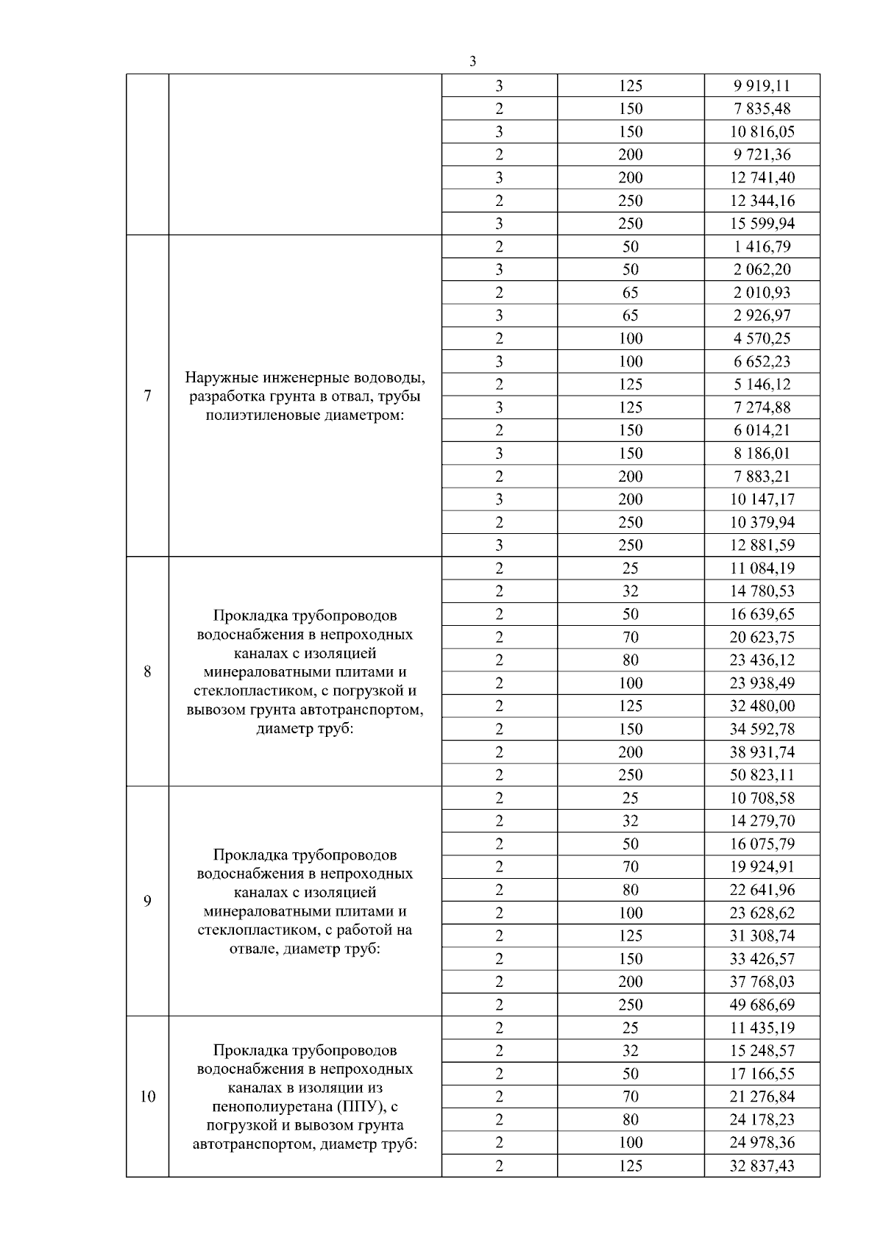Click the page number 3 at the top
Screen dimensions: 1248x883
pyautogui.click(x=472, y=62)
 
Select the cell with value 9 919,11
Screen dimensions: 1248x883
pyautogui.click(x=762, y=86)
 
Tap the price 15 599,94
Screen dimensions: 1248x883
pyautogui.click(x=762, y=224)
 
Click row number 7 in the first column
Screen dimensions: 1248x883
pyautogui.click(x=147, y=396)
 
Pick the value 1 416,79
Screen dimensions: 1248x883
pyautogui.click(x=762, y=246)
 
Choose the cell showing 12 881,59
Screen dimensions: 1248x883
pyautogui.click(x=762, y=545)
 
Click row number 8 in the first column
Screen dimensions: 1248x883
pyautogui.click(x=147, y=671)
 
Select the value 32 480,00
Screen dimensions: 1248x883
pyautogui.click(x=762, y=706)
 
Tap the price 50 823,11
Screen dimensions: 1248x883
pyautogui.click(x=762, y=774)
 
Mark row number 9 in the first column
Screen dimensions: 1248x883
pyautogui.click(x=147, y=901)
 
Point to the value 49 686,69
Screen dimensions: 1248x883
pyautogui.click(x=762, y=1005)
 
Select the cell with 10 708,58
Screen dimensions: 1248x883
pyautogui.click(x=762, y=798)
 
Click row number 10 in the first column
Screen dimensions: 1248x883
pyautogui.click(x=147, y=1097)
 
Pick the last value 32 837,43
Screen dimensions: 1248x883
pyautogui.click(x=762, y=1166)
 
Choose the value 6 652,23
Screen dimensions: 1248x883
pyautogui.click(x=762, y=361)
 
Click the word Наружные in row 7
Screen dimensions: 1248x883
pyautogui.click(x=219, y=378)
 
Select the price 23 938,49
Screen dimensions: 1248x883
pyautogui.click(x=762, y=682)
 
